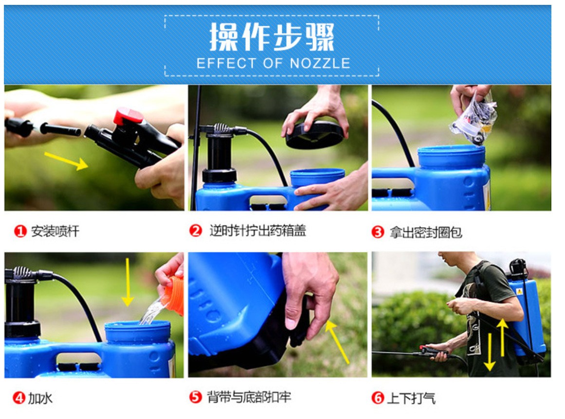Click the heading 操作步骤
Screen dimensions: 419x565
(272, 37)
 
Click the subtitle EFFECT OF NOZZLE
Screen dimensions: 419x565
(273, 63)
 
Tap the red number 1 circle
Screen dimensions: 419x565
(20, 231)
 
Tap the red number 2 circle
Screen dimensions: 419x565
(195, 231)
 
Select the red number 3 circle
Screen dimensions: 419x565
(378, 232)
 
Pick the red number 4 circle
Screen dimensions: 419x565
(18, 399)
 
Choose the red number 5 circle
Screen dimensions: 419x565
(195, 398)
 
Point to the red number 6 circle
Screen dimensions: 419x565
(378, 399)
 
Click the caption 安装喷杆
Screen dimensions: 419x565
(55, 231)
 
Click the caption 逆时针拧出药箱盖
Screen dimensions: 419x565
(257, 231)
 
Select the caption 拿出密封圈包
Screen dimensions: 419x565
(425, 232)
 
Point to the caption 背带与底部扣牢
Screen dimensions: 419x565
(249, 397)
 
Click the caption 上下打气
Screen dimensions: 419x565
(411, 399)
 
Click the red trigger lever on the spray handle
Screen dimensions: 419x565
(128, 116)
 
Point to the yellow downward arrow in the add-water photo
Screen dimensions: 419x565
(128, 282)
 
